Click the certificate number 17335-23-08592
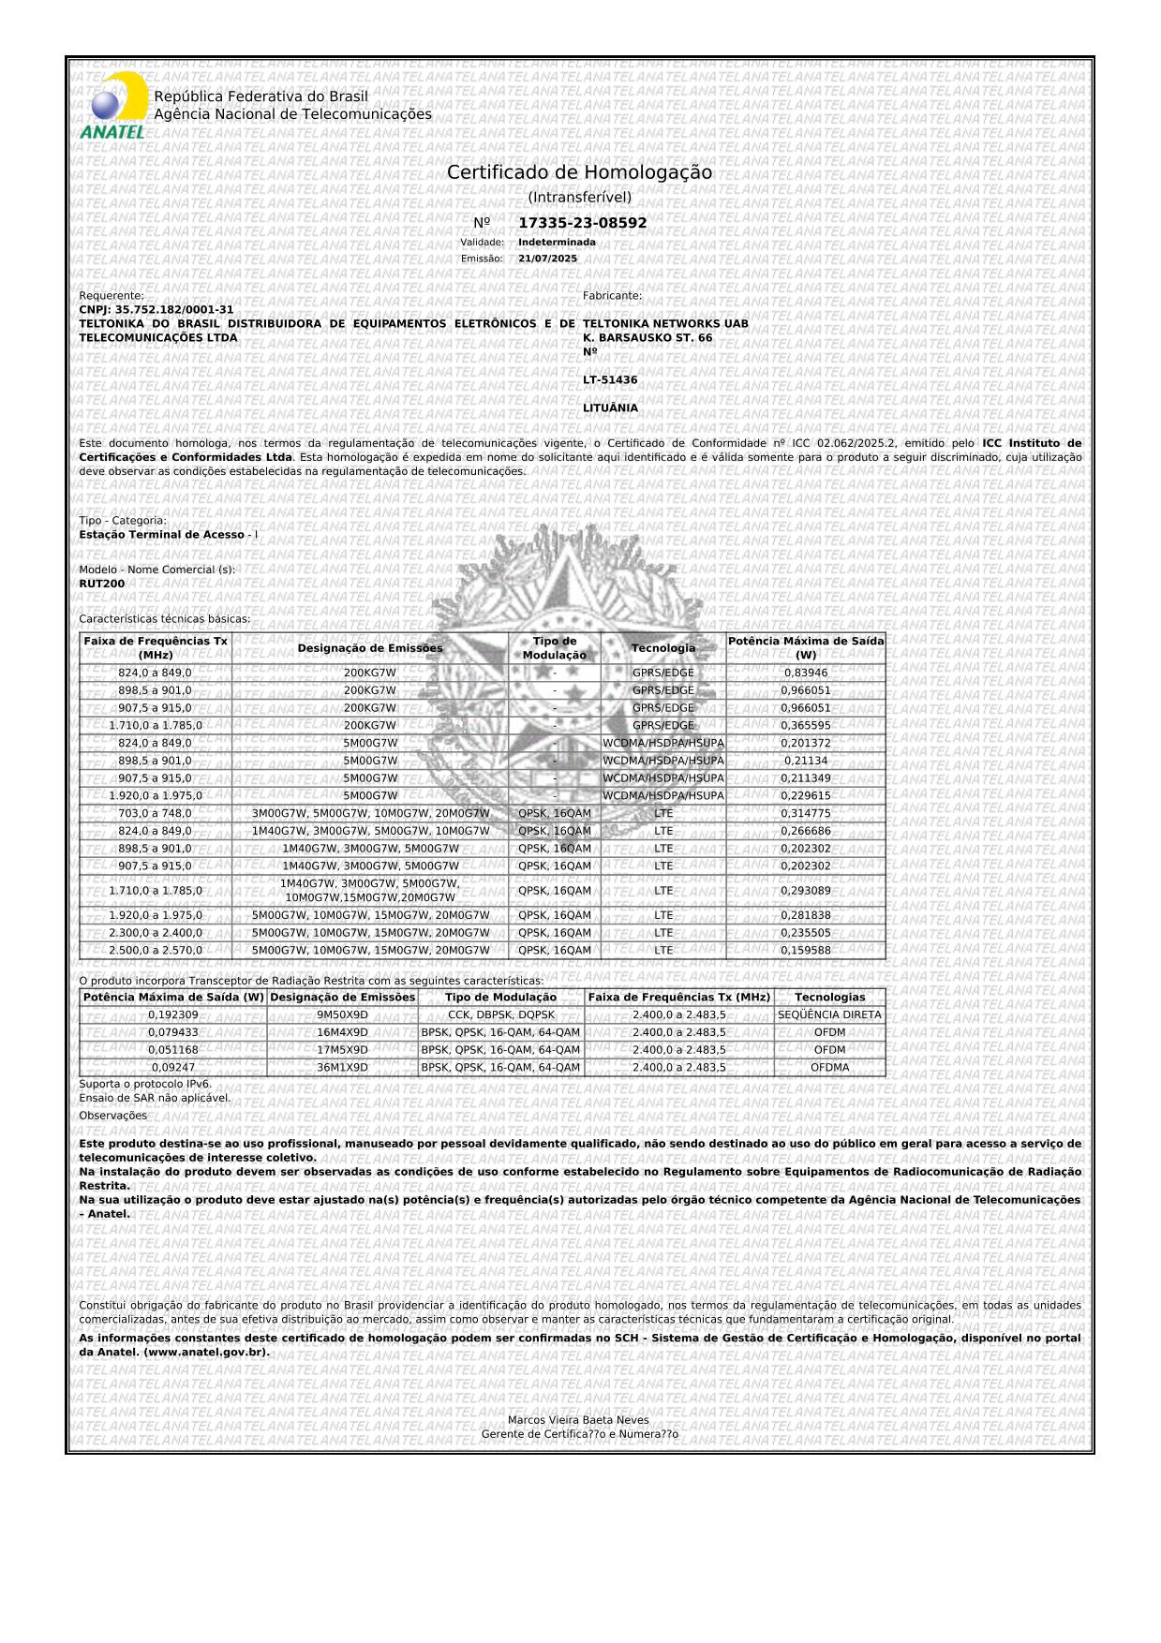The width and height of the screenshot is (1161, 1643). (x=582, y=223)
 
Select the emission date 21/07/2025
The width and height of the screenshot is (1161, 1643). (x=547, y=259)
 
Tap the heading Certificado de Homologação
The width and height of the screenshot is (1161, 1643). (x=579, y=173)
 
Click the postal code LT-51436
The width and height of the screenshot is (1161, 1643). (x=610, y=380)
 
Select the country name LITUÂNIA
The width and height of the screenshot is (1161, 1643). (x=610, y=408)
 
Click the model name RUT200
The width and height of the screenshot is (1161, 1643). (x=102, y=584)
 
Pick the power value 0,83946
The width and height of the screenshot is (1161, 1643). (x=805, y=673)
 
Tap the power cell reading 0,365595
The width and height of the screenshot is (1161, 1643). (x=805, y=725)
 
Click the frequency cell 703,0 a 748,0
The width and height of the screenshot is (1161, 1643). (x=155, y=813)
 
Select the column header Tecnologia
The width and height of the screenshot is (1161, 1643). (x=663, y=648)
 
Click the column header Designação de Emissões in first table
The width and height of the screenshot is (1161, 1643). (x=370, y=648)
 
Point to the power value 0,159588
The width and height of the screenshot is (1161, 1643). (x=805, y=950)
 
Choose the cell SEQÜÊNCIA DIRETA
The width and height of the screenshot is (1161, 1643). (x=829, y=1014)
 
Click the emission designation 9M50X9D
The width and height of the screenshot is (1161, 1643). (x=342, y=1014)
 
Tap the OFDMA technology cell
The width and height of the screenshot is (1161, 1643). (x=829, y=1067)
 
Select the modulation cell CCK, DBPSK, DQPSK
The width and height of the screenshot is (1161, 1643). (x=500, y=1014)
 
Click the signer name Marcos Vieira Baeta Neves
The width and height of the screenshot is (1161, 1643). (x=578, y=1420)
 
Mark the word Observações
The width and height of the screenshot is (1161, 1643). (x=113, y=1116)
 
